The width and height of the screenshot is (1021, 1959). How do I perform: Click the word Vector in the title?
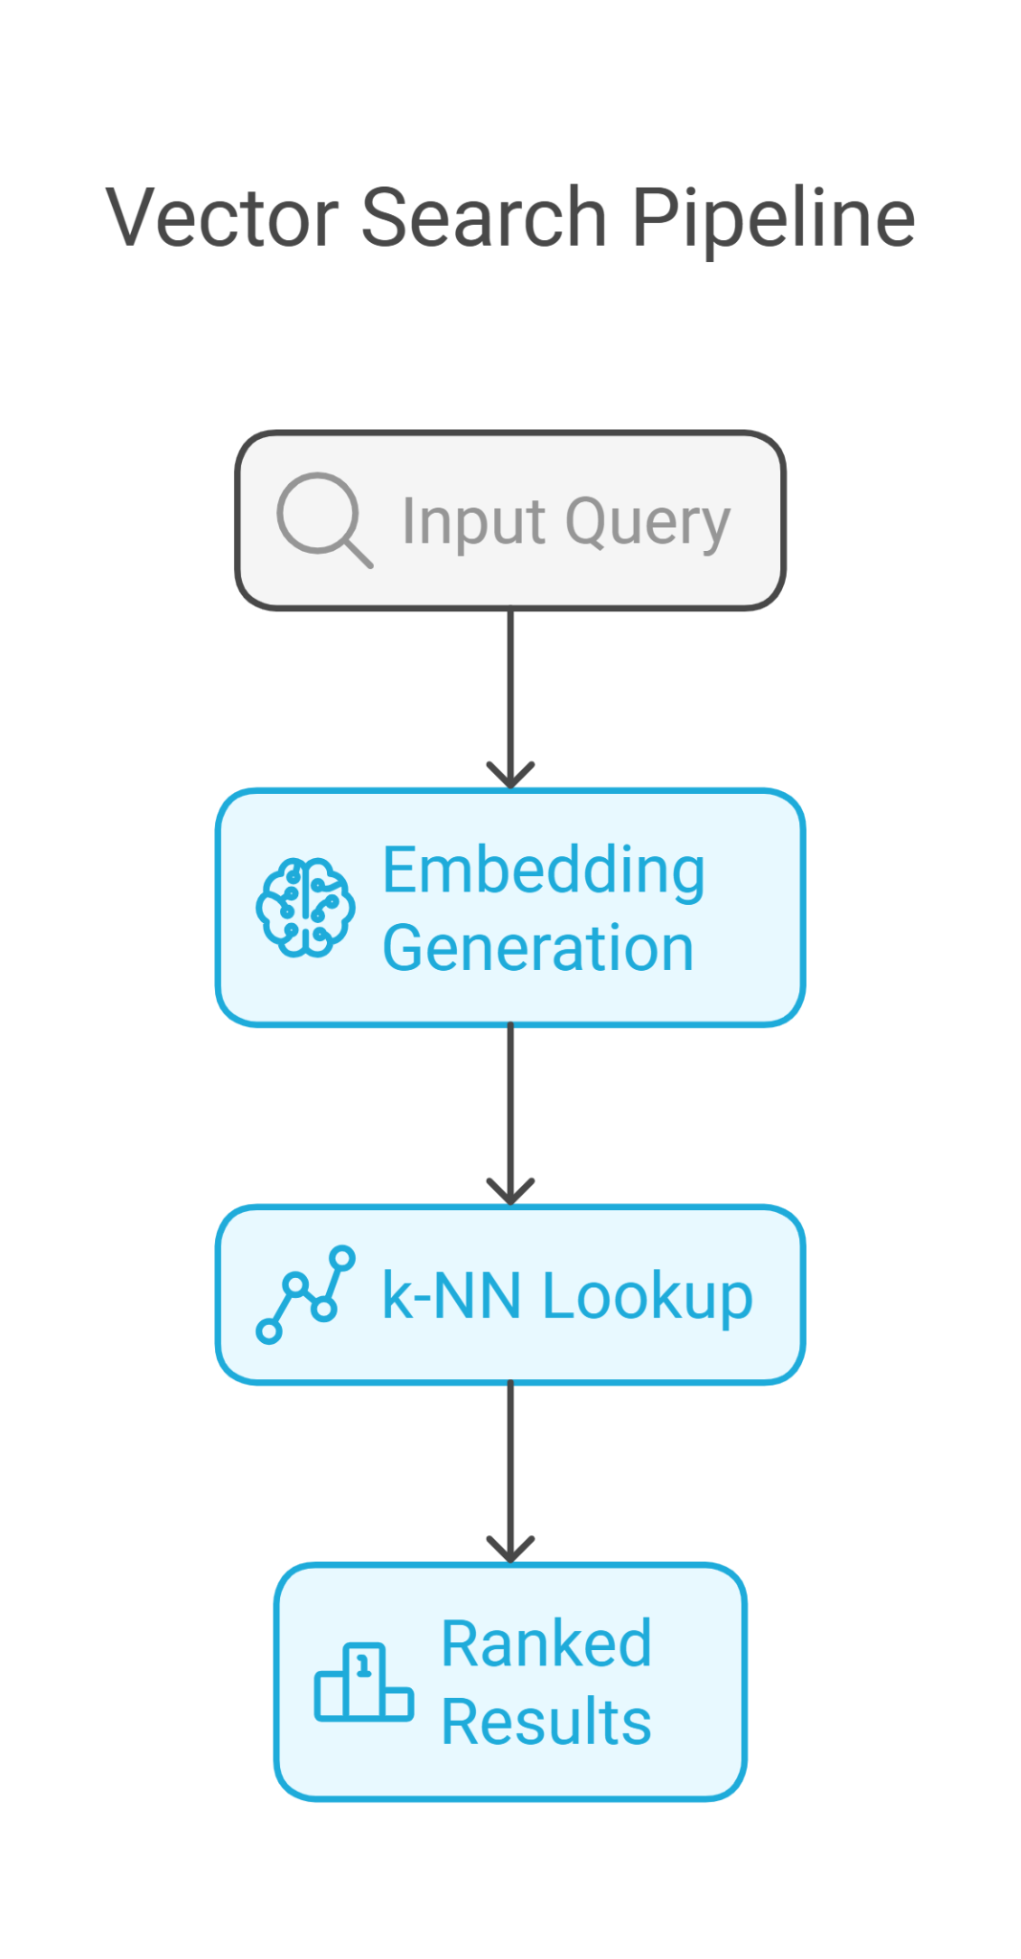[222, 218]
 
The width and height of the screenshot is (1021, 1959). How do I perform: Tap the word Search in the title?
[484, 218]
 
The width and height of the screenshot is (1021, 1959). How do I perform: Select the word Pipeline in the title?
[772, 218]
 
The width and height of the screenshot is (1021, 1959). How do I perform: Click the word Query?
[647, 523]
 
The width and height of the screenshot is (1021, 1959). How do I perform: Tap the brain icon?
[305, 907]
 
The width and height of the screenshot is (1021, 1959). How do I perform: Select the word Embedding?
[543, 870]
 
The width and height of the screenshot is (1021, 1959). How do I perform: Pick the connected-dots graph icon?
[305, 1294]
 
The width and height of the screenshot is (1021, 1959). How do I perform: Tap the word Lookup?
[647, 1298]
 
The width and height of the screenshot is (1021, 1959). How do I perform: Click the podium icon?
[363, 1683]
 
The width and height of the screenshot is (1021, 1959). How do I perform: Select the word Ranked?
[546, 1644]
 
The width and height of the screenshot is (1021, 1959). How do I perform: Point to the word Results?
[546, 1722]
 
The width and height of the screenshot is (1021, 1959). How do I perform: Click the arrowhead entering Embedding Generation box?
[510, 776]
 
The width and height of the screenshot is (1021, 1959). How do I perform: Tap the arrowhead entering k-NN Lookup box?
[510, 1192]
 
